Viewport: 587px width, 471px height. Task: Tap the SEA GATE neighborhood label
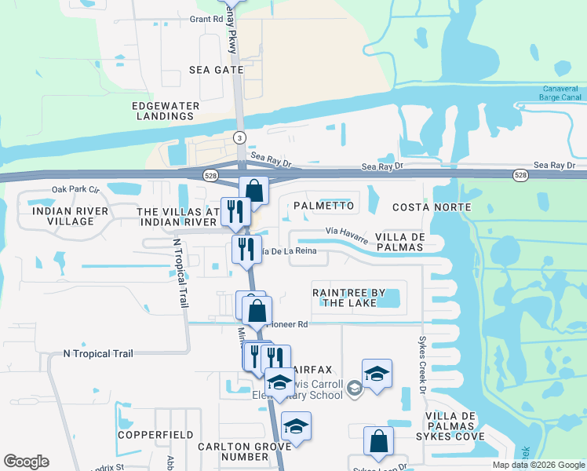pyautogui.click(x=217, y=70)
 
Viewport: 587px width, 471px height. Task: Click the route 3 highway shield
pyautogui.click(x=238, y=137)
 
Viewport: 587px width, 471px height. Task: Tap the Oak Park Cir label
pyautogui.click(x=77, y=189)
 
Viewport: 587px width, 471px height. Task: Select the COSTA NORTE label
pyautogui.click(x=431, y=207)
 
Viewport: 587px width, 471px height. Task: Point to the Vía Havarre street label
pyautogui.click(x=346, y=233)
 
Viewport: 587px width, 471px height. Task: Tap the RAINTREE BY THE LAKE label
pyautogui.click(x=348, y=298)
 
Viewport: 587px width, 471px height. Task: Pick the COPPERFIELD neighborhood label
pyautogui.click(x=155, y=434)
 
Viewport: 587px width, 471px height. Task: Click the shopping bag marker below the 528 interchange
pyautogui.click(x=254, y=191)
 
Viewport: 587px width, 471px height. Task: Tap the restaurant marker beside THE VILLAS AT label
pyautogui.click(x=235, y=211)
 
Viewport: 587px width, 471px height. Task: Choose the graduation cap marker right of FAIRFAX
pyautogui.click(x=377, y=373)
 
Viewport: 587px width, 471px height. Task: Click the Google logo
pyautogui.click(x=26, y=462)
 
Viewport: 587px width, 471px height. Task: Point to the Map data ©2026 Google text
pyautogui.click(x=538, y=465)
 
